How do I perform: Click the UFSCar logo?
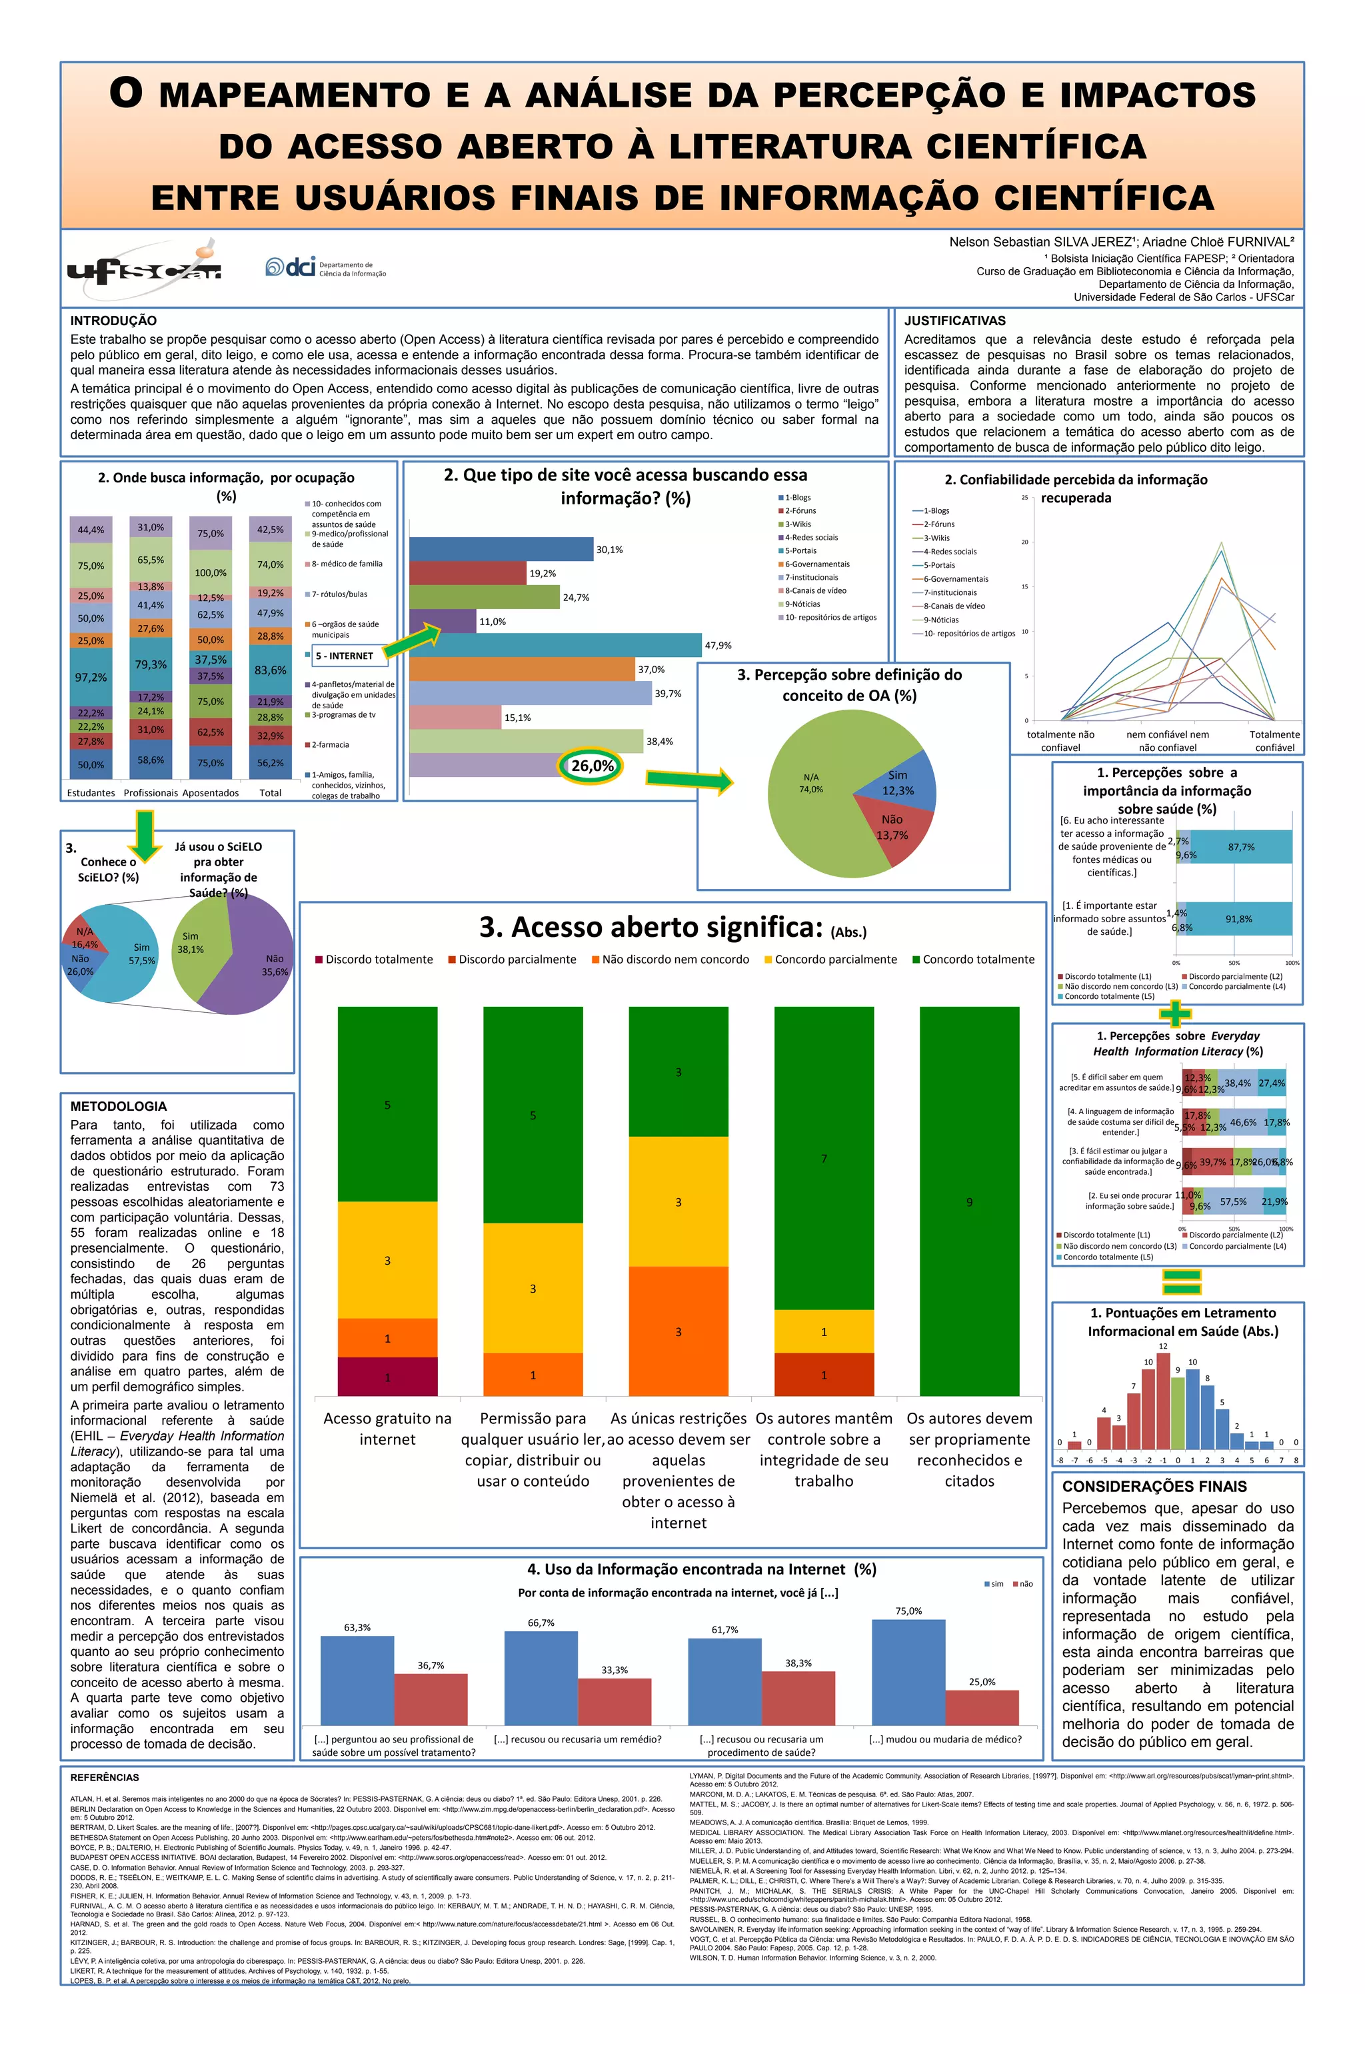point(145,267)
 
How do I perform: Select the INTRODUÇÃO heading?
point(113,321)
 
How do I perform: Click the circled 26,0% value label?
point(592,766)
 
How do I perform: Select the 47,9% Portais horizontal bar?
point(555,645)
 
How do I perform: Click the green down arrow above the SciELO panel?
point(145,834)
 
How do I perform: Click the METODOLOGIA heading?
point(119,1106)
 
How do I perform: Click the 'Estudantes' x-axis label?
point(91,793)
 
